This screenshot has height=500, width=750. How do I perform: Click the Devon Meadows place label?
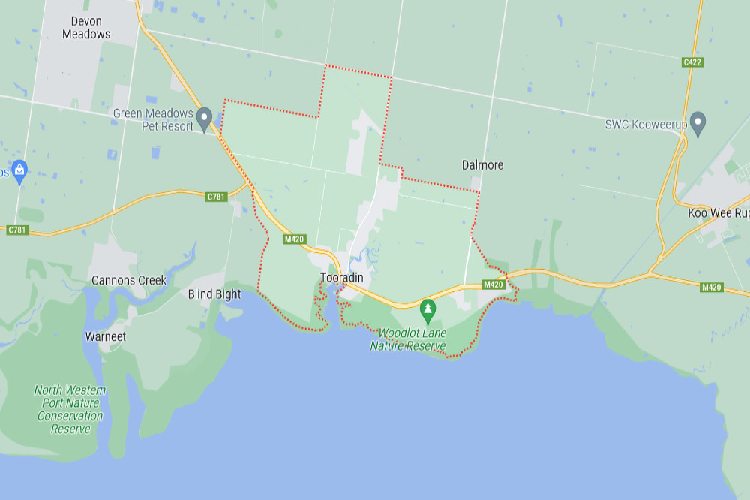pyautogui.click(x=86, y=28)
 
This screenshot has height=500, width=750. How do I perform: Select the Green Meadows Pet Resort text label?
pyautogui.click(x=153, y=120)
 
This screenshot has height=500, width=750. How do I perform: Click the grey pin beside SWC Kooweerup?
pyautogui.click(x=698, y=122)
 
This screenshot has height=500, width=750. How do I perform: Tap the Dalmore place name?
pyautogui.click(x=482, y=165)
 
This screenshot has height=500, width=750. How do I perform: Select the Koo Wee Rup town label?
pyautogui.click(x=718, y=213)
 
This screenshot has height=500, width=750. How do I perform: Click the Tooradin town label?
pyautogui.click(x=342, y=278)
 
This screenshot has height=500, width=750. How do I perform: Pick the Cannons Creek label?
pyautogui.click(x=129, y=280)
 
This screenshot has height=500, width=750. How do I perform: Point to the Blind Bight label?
pyautogui.click(x=214, y=294)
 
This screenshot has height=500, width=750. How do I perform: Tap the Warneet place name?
pyautogui.click(x=106, y=336)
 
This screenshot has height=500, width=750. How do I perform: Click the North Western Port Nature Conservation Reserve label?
pyautogui.click(x=70, y=410)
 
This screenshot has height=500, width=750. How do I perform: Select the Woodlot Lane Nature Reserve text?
pyautogui.click(x=408, y=339)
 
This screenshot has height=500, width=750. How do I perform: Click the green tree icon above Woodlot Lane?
pyautogui.click(x=427, y=308)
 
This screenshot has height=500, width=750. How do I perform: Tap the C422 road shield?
pyautogui.click(x=692, y=62)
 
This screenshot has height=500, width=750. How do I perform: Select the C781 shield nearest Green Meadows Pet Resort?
pyautogui.click(x=216, y=197)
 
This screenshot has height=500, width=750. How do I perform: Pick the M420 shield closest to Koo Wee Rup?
pyautogui.click(x=711, y=287)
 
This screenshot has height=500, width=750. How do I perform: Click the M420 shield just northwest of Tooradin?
pyautogui.click(x=294, y=239)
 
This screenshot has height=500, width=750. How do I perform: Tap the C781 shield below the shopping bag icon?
pyautogui.click(x=17, y=230)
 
